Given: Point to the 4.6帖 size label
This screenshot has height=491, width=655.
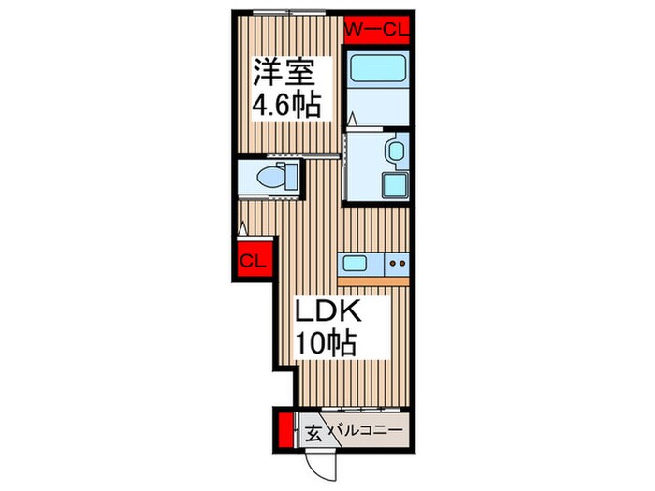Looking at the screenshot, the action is click(x=286, y=105).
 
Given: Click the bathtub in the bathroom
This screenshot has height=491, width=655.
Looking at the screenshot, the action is click(x=379, y=68).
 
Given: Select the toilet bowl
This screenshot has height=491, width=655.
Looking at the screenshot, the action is click(x=269, y=177).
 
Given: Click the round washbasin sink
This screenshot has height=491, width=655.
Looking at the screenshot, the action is click(x=395, y=151).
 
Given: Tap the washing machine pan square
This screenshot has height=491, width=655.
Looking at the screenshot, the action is click(x=394, y=185).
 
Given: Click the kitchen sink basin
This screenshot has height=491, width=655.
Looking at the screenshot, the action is click(x=355, y=263).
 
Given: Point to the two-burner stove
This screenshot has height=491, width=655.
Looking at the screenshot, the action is click(x=397, y=264).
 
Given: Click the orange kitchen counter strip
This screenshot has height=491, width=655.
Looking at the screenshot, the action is click(x=373, y=282).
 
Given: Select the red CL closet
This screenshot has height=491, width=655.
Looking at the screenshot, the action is click(x=254, y=260).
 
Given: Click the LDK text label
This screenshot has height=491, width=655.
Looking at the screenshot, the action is click(x=327, y=310).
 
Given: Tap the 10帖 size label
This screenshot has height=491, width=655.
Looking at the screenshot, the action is click(x=326, y=343).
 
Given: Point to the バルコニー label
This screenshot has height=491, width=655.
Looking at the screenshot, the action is click(x=367, y=430).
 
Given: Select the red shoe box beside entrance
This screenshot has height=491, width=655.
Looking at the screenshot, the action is click(x=285, y=430).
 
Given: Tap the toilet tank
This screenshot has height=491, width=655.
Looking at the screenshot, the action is click(x=291, y=177).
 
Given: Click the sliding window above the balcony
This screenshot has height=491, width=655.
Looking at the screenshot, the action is click(x=361, y=410).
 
